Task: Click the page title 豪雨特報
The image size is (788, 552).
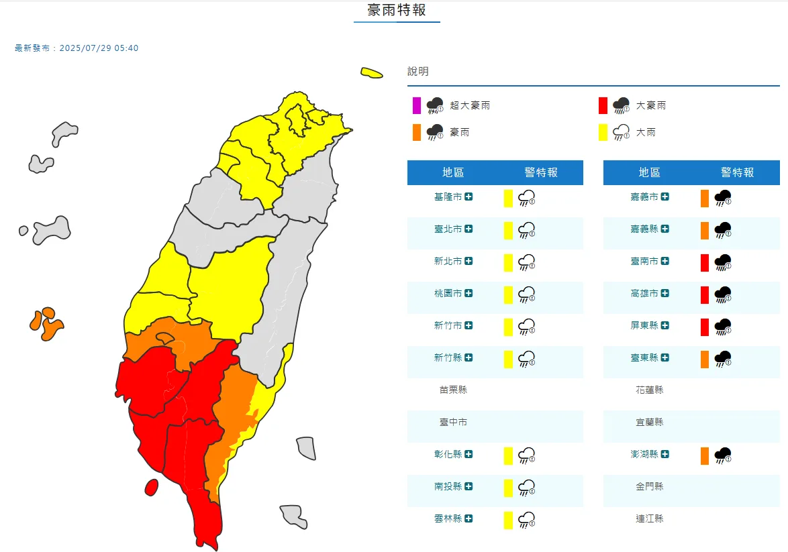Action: (x=397, y=10)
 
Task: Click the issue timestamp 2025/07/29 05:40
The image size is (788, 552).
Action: (x=99, y=48)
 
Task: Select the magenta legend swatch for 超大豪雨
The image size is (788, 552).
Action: (x=417, y=105)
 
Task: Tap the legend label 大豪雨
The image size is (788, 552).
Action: (x=651, y=105)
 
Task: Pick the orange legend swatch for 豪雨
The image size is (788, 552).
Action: (x=417, y=132)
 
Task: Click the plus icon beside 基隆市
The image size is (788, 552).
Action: (x=469, y=197)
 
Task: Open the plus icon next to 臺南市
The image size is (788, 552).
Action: (x=664, y=261)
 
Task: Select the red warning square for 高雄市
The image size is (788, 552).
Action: (x=705, y=294)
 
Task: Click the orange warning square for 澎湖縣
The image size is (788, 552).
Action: (x=705, y=455)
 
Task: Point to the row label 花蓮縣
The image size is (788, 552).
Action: (x=649, y=390)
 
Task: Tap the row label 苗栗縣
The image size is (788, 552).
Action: (x=453, y=390)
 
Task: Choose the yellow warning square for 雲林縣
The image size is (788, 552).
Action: (x=508, y=520)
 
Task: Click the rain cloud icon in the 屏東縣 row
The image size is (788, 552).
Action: (x=723, y=327)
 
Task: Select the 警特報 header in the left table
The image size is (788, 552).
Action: (x=541, y=172)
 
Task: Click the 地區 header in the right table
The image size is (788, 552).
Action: (x=649, y=172)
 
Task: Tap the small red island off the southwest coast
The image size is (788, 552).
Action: (x=151, y=487)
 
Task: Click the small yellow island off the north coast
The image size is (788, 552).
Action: (x=371, y=72)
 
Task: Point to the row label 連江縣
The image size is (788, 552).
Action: (x=649, y=518)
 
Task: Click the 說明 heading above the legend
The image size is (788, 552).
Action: (x=417, y=71)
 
